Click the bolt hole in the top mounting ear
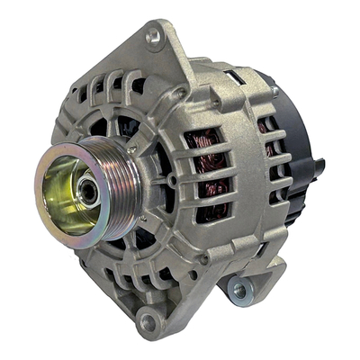(153, 36)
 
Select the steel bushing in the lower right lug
(238, 290)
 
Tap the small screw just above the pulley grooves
(132, 149)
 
